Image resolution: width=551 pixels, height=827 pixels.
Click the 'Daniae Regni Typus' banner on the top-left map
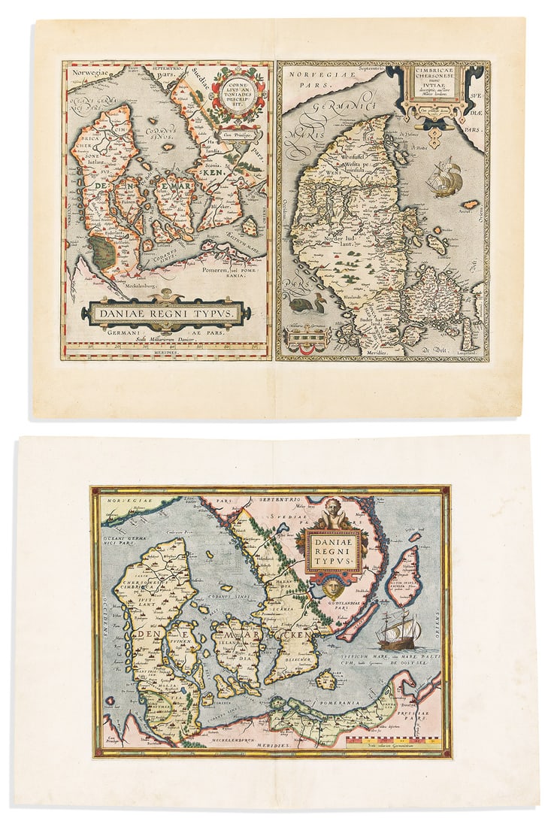165,312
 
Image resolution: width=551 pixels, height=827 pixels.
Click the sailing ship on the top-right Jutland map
445,177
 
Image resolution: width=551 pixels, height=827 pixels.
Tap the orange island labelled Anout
470,204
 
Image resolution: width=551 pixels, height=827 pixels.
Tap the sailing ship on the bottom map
398,630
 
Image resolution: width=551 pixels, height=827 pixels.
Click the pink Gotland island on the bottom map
406,575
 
